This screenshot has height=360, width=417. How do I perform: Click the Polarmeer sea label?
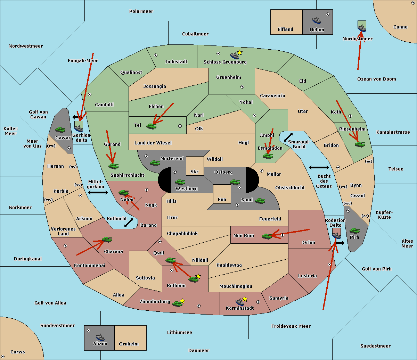(x=141, y=11)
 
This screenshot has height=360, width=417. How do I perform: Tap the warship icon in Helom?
(x=317, y=20)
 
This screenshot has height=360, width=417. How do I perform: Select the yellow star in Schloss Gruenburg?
(x=240, y=52)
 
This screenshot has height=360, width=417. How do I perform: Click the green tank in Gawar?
(x=60, y=129)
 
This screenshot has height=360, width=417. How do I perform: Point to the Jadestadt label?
(x=176, y=62)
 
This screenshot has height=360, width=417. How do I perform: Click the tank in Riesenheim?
(x=360, y=144)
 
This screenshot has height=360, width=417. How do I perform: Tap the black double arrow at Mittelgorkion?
(x=98, y=193)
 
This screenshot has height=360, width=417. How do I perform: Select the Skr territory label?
(x=195, y=171)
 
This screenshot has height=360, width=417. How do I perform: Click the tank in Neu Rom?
(x=267, y=236)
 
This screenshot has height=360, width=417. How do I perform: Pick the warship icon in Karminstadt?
(x=240, y=302)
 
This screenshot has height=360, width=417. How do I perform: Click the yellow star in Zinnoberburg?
(x=182, y=301)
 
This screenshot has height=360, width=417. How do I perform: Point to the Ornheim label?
(x=129, y=344)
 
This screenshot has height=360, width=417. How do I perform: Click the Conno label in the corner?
(x=400, y=27)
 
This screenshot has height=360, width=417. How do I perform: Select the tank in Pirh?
(x=354, y=231)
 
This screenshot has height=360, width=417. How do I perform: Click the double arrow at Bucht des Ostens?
(x=319, y=168)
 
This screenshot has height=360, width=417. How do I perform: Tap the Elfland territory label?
(x=285, y=30)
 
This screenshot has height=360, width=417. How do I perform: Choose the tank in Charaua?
(x=107, y=240)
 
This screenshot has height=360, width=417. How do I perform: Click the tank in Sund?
(x=260, y=201)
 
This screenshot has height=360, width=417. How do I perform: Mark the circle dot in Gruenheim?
(x=242, y=87)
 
